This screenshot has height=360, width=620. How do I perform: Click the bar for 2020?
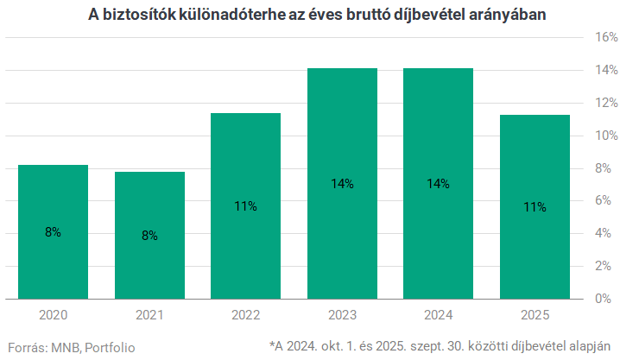coord(53,231)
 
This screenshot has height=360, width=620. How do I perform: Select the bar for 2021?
coord(149,235)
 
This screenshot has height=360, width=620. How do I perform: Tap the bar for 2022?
coord(246,205)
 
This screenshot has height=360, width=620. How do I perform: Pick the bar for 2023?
coord(342,183)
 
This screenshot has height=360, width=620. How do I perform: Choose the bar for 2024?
coord(439,183)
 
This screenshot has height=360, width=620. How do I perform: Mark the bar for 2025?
coord(535,206)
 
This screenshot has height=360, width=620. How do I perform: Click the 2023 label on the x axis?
coord(342,315)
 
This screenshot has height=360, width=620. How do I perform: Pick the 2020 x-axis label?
coord(53,315)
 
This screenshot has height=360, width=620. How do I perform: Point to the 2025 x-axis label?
coord(535,315)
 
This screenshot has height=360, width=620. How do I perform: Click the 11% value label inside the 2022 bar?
coord(246,206)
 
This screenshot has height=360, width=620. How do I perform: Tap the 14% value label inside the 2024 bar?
coord(439,184)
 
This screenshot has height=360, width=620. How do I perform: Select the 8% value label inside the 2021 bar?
coord(149,236)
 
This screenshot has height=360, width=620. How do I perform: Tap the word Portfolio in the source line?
coord(110,347)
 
